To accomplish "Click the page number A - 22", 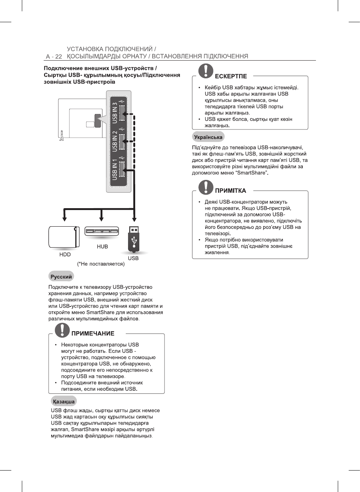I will coord(54,56).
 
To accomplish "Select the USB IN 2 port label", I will coord(114,142).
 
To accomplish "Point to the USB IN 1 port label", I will coord(114,169).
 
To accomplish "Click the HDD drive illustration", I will coord(64,237).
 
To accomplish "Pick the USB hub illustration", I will coord(102,231).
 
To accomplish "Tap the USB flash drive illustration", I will coord(134,239).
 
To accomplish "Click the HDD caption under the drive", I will coord(65,254).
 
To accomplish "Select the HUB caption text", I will coord(102,247).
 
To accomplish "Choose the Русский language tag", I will coord(61,277).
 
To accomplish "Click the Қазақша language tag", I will coord(64,402).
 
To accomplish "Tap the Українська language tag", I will coord(208,137).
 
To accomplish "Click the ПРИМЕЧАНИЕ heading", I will coord(93,334).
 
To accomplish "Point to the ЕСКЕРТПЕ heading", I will coord(231,76).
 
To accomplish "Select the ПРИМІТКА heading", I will coord(230,191).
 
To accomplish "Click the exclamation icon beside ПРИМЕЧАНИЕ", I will coord(62,330).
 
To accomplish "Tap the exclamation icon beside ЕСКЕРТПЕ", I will coord(206,71).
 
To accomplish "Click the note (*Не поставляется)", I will coord(101,264).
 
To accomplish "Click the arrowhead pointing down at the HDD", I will coord(65,218).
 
